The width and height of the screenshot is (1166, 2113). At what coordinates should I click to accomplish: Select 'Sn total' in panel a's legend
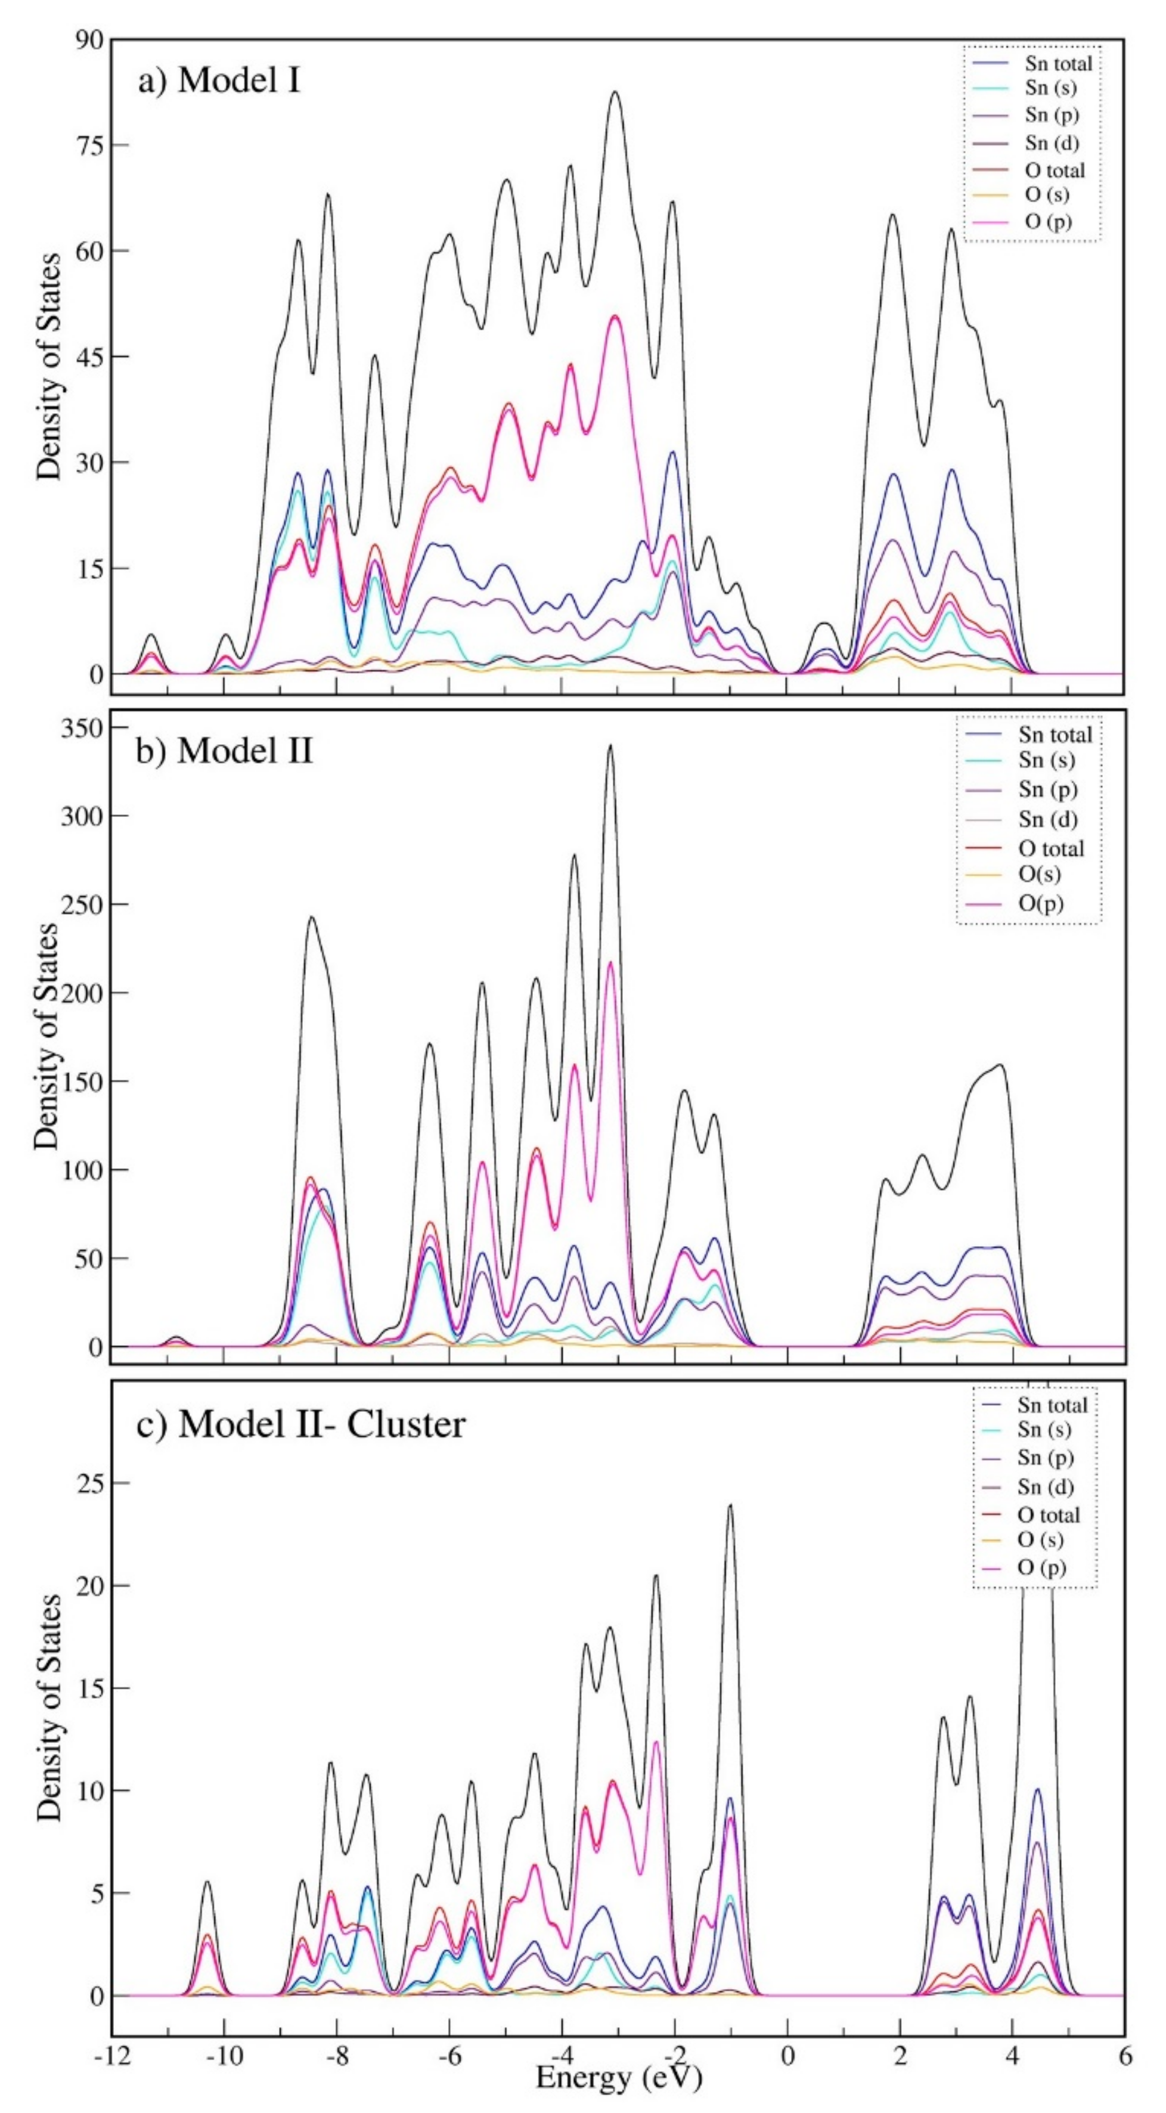pos(1058,63)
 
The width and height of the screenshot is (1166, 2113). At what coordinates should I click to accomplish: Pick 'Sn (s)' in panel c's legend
pos(1044,1429)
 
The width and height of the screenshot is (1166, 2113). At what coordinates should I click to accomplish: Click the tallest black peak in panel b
pos(610,746)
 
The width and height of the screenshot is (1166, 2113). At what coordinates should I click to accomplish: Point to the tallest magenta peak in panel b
pos(610,963)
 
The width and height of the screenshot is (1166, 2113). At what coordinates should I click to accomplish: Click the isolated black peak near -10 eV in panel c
pos(207,1859)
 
